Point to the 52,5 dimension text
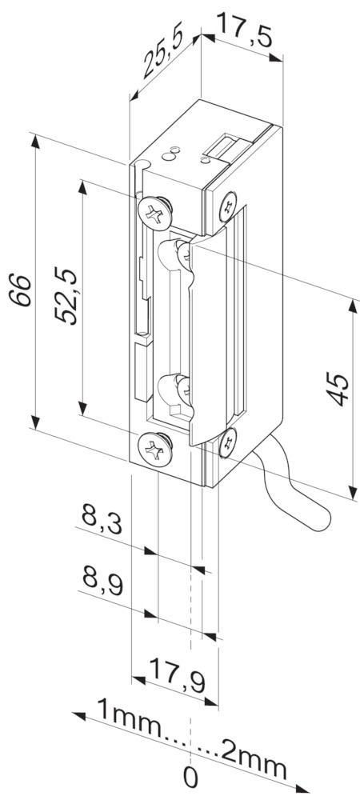(67, 295)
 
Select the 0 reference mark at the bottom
(190, 777)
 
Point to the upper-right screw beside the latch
(227, 205)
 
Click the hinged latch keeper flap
(210, 336)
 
